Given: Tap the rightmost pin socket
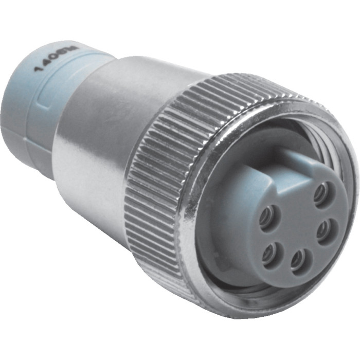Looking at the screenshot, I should point(326,230).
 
